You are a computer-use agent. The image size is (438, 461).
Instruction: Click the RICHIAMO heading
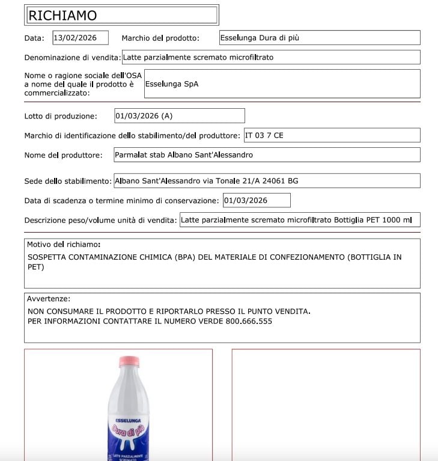pyautogui.click(x=62, y=16)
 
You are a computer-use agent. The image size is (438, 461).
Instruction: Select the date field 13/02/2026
pyautogui.click(x=81, y=38)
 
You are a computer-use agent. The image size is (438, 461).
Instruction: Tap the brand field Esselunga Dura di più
pyautogui.click(x=260, y=38)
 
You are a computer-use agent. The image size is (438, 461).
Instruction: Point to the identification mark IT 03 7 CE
pyautogui.click(x=264, y=135)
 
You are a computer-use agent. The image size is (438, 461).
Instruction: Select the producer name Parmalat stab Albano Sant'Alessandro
pyautogui.click(x=184, y=155)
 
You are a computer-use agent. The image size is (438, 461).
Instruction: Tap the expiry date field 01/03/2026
pyautogui.click(x=246, y=200)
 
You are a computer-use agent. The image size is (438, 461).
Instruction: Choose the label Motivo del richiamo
pyautogui.click(x=64, y=245)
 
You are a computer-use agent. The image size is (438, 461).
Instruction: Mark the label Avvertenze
pyautogui.click(x=49, y=299)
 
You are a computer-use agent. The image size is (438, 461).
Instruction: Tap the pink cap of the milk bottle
pyautogui.click(x=129, y=361)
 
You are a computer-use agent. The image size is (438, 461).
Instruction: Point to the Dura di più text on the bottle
pyautogui.click(x=127, y=430)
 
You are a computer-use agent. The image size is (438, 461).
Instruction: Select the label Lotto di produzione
pyautogui.click(x=61, y=116)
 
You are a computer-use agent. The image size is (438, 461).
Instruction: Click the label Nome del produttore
pyautogui.click(x=62, y=156)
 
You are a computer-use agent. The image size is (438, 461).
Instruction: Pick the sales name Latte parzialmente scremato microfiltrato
pyautogui.click(x=198, y=58)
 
